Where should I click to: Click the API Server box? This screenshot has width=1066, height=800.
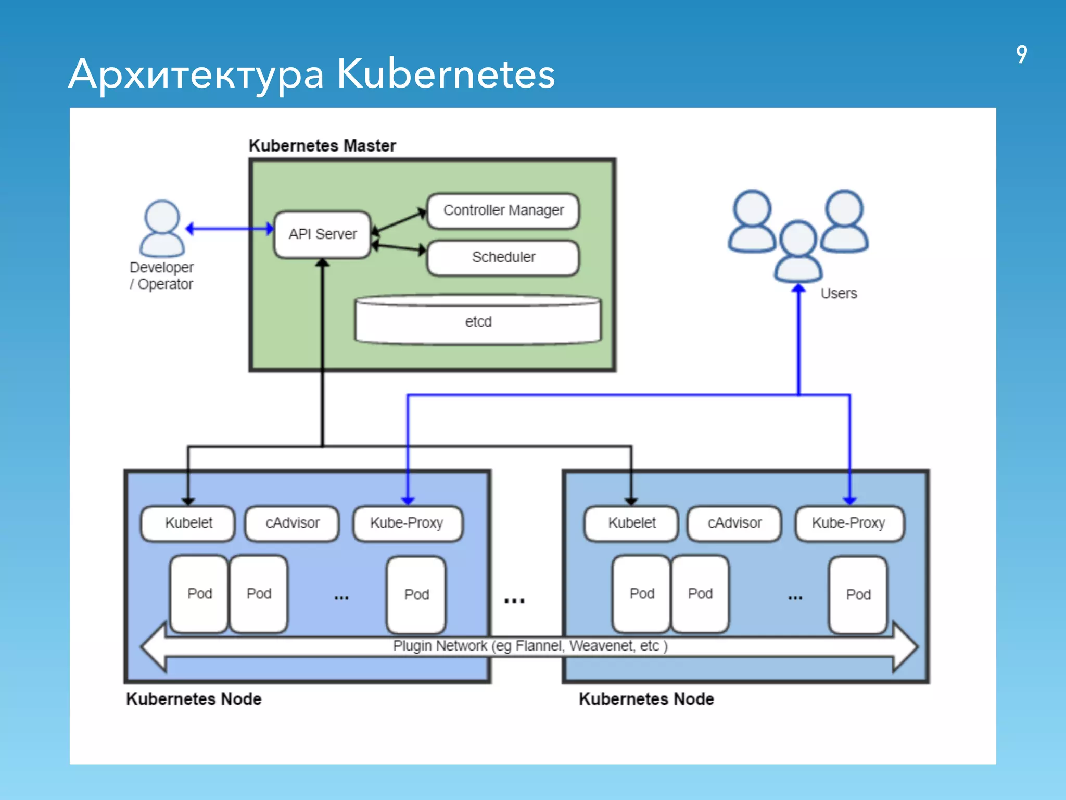tap(323, 234)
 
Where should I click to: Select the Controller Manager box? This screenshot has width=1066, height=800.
tap(503, 210)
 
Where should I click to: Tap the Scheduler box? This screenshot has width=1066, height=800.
tap(503, 257)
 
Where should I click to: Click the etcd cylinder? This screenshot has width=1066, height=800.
tap(478, 321)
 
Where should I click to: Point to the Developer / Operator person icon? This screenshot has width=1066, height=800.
tap(162, 229)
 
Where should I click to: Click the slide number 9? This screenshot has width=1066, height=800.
tap(1021, 54)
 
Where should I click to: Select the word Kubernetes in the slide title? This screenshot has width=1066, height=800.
tap(446, 74)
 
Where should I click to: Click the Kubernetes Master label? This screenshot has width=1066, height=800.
tap(322, 146)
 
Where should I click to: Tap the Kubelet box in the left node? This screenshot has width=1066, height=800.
tap(188, 523)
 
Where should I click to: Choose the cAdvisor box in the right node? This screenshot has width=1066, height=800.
tap(734, 523)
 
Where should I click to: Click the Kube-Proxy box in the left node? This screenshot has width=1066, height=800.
tap(407, 523)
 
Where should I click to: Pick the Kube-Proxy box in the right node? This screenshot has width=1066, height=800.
tap(849, 523)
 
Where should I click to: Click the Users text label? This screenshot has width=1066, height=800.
tap(839, 294)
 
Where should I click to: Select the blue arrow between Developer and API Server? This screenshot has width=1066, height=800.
tap(229, 229)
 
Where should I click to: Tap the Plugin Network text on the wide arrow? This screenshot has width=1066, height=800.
tap(530, 646)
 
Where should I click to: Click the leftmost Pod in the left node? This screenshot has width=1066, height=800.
tap(199, 594)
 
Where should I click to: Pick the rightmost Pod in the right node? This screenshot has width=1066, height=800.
tap(858, 594)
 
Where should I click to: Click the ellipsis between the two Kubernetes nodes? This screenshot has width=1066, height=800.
tap(514, 601)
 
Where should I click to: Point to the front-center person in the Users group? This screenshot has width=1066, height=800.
tap(798, 251)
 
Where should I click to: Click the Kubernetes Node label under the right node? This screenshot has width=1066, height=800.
tap(646, 699)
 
